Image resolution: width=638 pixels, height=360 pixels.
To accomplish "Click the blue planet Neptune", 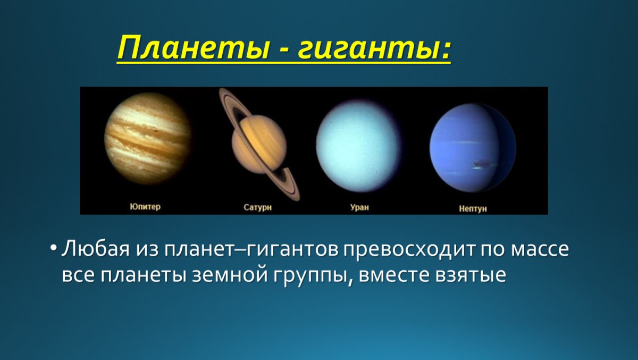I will click(472, 148).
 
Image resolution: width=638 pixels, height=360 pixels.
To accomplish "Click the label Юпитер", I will click(145, 207).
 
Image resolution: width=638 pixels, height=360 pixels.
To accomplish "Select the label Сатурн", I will click(258, 207).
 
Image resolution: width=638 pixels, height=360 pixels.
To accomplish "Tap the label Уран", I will click(359, 207).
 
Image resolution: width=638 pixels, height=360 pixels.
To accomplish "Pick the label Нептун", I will click(473, 209).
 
